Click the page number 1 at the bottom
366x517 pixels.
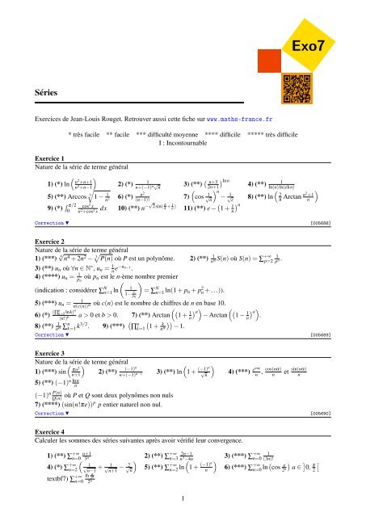183,498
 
